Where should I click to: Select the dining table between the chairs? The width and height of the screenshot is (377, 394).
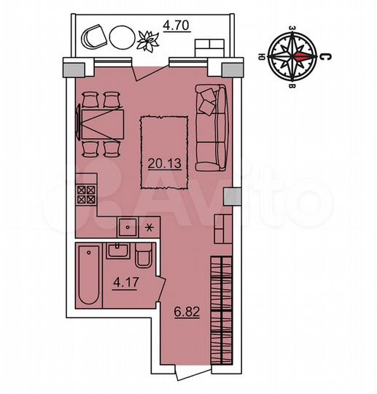(x=100, y=122)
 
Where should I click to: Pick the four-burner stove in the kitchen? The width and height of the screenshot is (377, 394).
(x=87, y=194)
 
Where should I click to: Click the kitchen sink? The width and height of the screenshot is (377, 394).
(x=128, y=227)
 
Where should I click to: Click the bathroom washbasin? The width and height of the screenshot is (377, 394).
(x=117, y=252)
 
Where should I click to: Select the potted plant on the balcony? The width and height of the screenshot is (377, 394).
(x=148, y=39)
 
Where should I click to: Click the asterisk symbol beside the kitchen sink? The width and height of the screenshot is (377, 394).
(x=151, y=226)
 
